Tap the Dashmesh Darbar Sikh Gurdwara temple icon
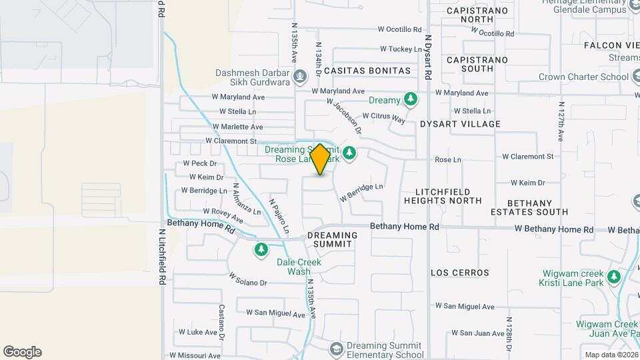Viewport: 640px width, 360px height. pos(300,75)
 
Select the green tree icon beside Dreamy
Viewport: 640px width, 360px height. pos(411,100)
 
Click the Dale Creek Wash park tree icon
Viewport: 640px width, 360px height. pos(261,250)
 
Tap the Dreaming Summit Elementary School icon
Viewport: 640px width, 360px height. pos(337,349)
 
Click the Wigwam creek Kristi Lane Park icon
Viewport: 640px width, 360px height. pos(614,277)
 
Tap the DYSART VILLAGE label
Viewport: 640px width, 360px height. pos(460,124)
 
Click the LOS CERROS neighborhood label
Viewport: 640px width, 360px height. pos(460,273)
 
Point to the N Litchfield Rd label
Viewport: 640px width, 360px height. pos(161,257)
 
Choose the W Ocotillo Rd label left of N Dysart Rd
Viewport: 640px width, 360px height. pos(400,29)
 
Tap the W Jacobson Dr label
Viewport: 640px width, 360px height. pos(343,111)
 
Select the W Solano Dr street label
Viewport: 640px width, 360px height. pos(247,279)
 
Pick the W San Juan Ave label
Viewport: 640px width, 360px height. pos(463,333)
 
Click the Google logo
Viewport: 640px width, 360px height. pos(22,352)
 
